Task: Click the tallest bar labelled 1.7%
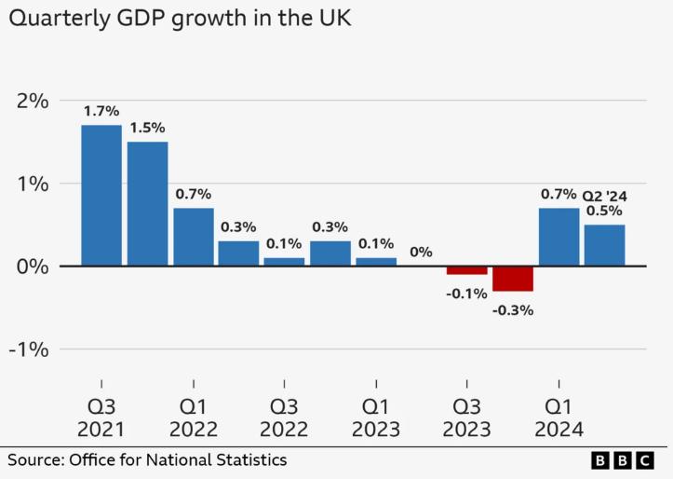[x=101, y=196]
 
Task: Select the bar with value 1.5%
[x=147, y=204]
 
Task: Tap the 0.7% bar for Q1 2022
[x=193, y=237]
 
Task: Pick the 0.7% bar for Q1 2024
[x=559, y=237]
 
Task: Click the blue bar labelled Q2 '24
[x=604, y=245]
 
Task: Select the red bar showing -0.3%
[x=513, y=279]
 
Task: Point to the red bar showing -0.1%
[x=466, y=270]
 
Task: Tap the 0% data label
[x=421, y=252]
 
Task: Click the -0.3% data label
[x=513, y=310]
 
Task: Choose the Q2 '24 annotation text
[x=605, y=196]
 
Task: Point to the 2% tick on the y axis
[x=30, y=101]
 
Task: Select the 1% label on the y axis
[x=31, y=184]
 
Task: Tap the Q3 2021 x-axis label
[x=101, y=417]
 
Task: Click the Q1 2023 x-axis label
[x=375, y=417]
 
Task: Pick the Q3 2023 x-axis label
[x=466, y=417]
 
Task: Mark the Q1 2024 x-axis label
[x=559, y=417]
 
